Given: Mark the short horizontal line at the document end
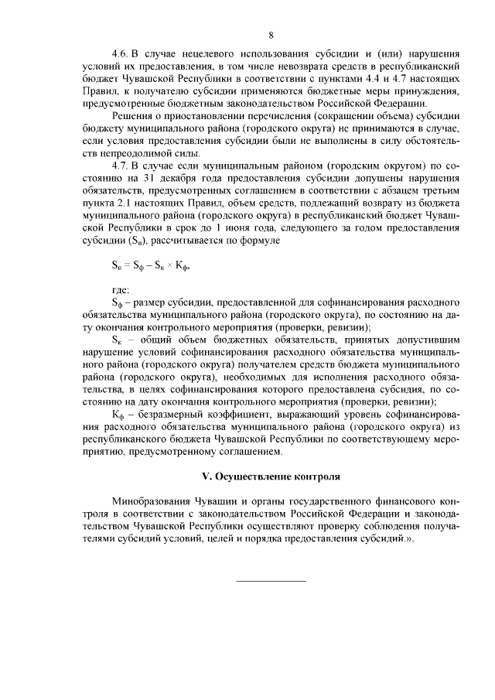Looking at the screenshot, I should pos(270,580).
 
